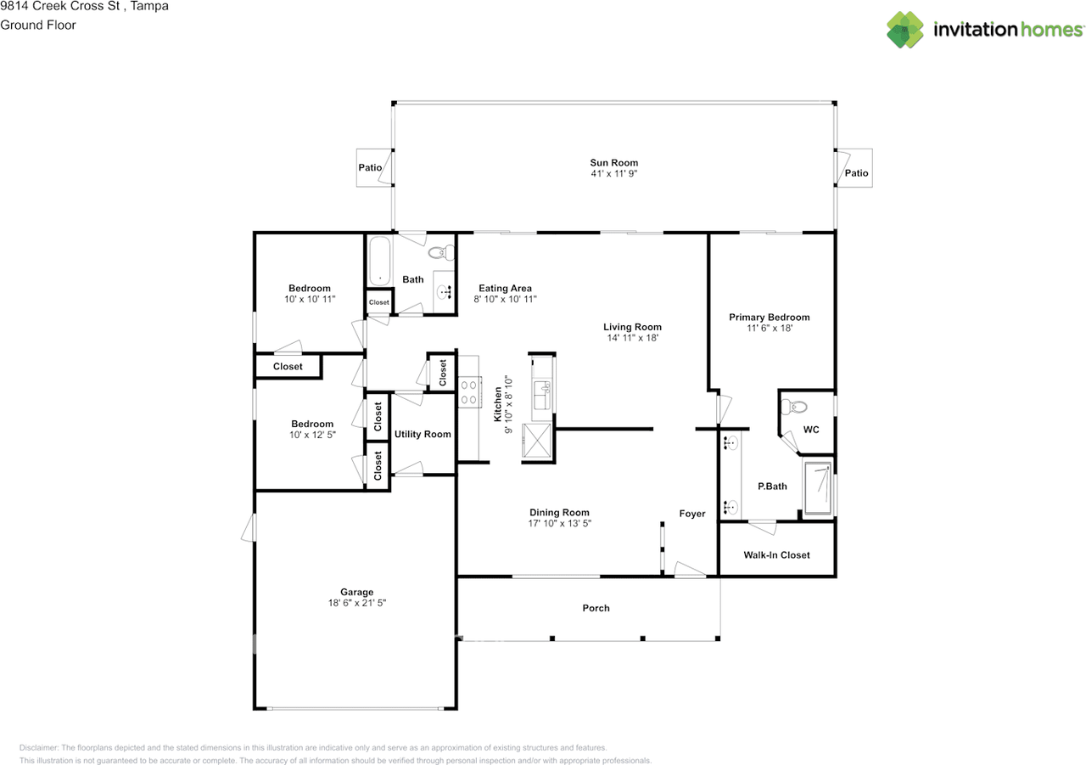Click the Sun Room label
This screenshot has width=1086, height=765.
(x=613, y=163)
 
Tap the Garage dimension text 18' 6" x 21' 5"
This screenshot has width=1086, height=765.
(x=357, y=603)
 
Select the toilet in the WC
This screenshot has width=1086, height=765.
(x=794, y=406)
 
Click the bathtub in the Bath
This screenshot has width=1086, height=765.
(x=379, y=261)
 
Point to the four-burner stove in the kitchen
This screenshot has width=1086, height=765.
(x=469, y=392)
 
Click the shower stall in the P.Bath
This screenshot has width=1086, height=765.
(x=818, y=487)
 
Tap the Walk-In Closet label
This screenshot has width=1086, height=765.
(x=776, y=555)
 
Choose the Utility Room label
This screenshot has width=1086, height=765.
(x=423, y=434)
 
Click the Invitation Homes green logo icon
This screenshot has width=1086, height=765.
(x=904, y=30)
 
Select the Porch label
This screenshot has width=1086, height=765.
(x=596, y=608)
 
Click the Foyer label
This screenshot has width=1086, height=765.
(x=691, y=514)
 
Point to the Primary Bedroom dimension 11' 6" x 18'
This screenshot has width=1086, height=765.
(x=770, y=329)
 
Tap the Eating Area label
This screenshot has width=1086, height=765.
(x=505, y=288)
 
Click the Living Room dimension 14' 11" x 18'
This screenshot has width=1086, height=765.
(x=633, y=338)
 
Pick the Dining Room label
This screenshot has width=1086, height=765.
(x=559, y=512)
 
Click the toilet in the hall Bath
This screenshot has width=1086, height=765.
(x=441, y=252)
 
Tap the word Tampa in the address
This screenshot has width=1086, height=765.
(x=149, y=6)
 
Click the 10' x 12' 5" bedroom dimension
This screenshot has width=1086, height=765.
(x=312, y=435)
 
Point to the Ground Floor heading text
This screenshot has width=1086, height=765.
(x=38, y=25)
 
